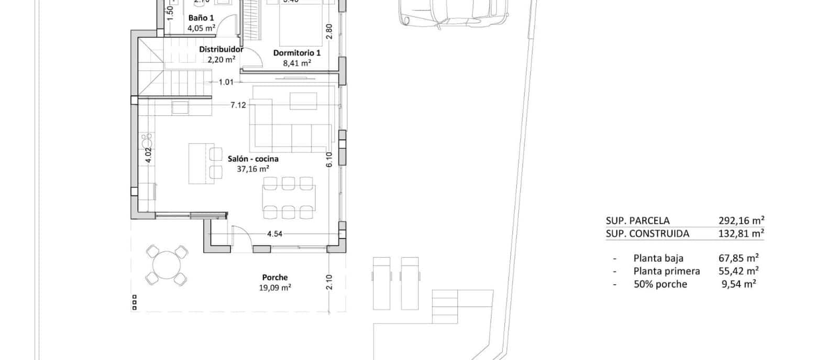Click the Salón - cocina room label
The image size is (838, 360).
coord(253,159)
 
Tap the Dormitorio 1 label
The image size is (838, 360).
coord(297,53)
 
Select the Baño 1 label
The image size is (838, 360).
coord(201,18)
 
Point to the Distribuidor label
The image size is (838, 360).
coord(221,49)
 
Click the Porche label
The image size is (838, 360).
coord(275,277)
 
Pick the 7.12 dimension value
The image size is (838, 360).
coord(238,105)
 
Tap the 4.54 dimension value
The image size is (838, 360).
coord(274,234)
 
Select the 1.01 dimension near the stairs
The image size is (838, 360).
coord(226,82)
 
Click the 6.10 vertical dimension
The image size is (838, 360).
coord(329,159)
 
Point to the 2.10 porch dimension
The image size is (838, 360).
coord(329,282)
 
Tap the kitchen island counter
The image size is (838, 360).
coord(198,163)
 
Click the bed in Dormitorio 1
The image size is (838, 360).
coord(300,24)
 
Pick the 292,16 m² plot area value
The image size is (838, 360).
coord(741,221)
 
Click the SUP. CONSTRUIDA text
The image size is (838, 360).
coord(647,234)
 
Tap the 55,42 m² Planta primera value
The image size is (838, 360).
coord(738,271)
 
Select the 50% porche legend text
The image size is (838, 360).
coord(660,284)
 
